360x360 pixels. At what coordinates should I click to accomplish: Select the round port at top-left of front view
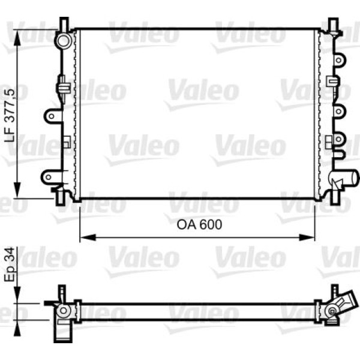63,41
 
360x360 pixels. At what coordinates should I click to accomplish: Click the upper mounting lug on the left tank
53,115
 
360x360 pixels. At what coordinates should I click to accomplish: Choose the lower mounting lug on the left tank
50,176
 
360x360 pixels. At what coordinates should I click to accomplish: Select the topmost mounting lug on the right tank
340,59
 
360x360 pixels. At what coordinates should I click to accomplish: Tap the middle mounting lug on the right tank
340,112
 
